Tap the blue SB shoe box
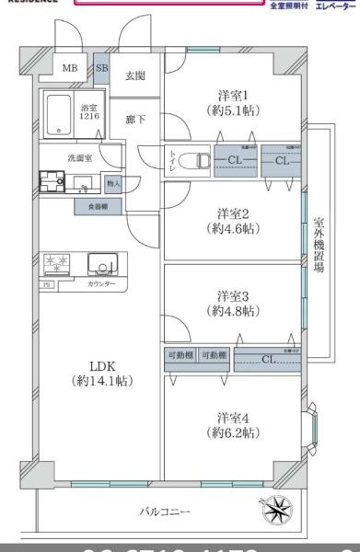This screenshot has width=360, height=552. pos(102,68)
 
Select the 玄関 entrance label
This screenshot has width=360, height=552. pos(135,75)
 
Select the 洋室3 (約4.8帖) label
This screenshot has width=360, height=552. pos(234,303)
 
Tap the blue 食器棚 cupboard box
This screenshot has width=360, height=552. pos(96,207)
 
